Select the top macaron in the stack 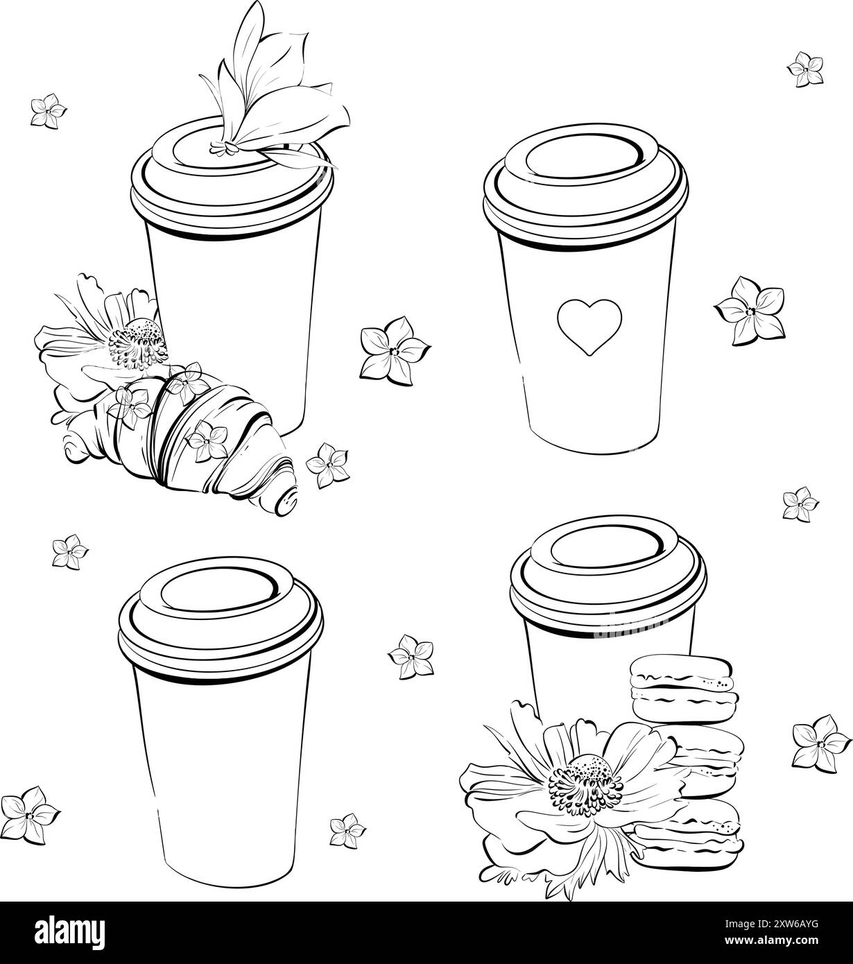click(x=684, y=689)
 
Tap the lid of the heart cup click(x=585, y=186)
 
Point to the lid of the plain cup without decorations click(x=221, y=619)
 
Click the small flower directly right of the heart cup click(x=750, y=311)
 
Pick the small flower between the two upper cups click(x=395, y=351)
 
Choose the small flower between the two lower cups click(x=411, y=657)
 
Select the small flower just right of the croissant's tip click(x=328, y=465)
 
